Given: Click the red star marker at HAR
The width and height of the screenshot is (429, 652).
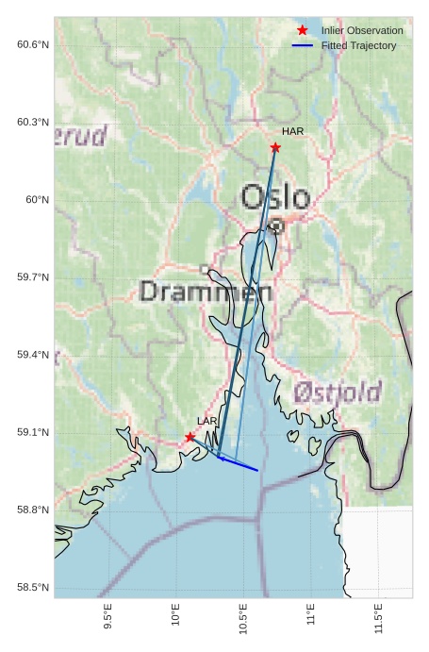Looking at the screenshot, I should coord(275,147).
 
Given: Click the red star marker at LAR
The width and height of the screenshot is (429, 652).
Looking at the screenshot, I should coord(190,437).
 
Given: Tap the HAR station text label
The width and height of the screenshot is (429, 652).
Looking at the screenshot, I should coord(292,131).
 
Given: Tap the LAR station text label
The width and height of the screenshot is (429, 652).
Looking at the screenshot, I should coord(206,421).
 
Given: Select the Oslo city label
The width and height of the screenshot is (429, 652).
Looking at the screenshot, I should coord(275,197).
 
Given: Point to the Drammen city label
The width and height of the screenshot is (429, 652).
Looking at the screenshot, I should coord(206,292).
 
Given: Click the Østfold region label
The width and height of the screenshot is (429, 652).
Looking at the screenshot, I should coord(337,393).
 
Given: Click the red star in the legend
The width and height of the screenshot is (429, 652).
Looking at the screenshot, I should coord(302,30).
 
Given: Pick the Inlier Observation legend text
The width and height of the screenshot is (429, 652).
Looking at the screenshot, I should coord(362,30).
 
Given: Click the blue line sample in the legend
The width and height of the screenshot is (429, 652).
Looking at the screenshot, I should coord(302,45).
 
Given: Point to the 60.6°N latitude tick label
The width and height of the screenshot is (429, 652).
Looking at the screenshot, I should coord(33,44).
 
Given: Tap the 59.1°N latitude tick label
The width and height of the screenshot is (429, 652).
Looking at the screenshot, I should coord(33,432).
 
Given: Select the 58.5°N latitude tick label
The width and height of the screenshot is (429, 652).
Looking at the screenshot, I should coord(33,587).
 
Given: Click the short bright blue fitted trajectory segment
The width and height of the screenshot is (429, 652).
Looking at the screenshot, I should coord(239,463).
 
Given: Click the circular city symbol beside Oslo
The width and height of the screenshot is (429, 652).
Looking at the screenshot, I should coord(276,226).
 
